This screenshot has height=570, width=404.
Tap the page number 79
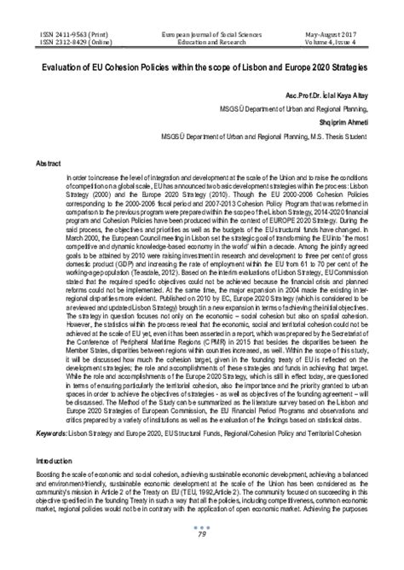[202, 559]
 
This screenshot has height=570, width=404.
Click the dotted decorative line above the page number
[202, 550]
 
